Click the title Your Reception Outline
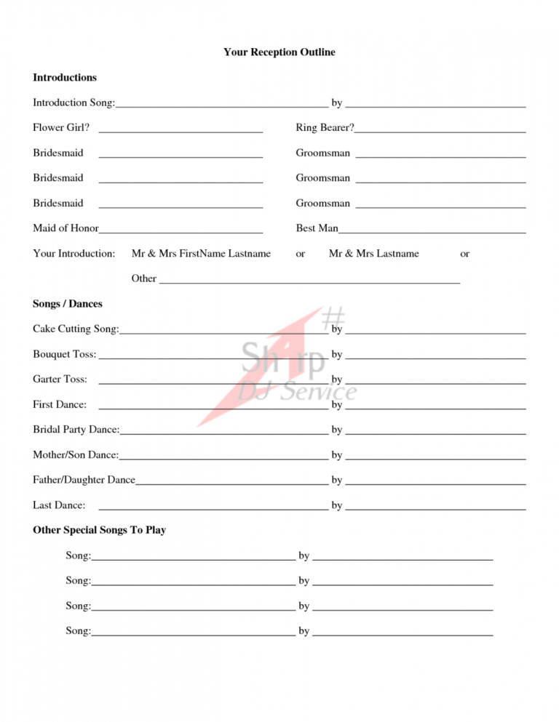[279, 52]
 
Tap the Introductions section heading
[65, 78]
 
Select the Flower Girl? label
[61, 128]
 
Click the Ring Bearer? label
[325, 128]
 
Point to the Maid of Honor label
[66, 228]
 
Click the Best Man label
[317, 228]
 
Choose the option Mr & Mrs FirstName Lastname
[201, 254]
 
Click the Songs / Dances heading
[68, 304]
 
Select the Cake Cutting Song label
[76, 329]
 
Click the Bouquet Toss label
[65, 355]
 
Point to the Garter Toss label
[60, 380]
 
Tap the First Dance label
[60, 405]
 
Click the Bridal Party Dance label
[76, 430]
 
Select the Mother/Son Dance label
[76, 455]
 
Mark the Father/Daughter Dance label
[84, 480]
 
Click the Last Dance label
[59, 505]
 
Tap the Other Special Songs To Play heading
[100, 530]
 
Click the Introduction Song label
[74, 103]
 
